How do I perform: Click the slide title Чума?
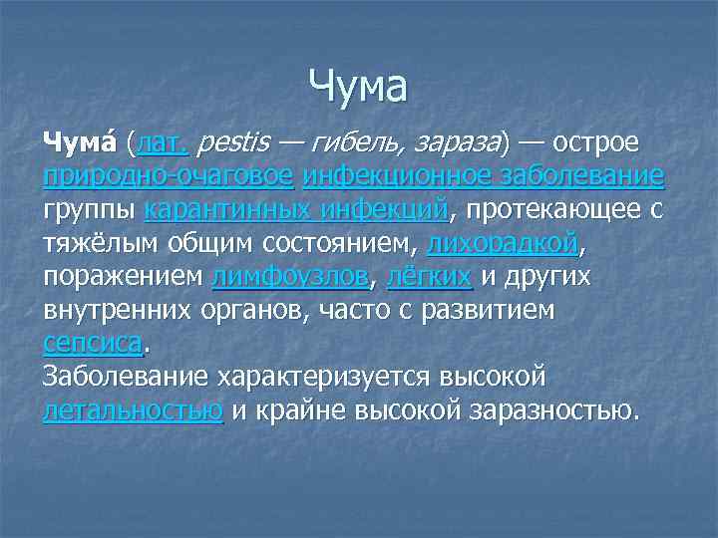click(358, 87)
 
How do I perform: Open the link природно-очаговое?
click(169, 177)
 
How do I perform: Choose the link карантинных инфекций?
click(296, 210)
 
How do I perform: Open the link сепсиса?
click(94, 344)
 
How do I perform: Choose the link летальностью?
click(133, 409)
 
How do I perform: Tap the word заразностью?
click(544, 409)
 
